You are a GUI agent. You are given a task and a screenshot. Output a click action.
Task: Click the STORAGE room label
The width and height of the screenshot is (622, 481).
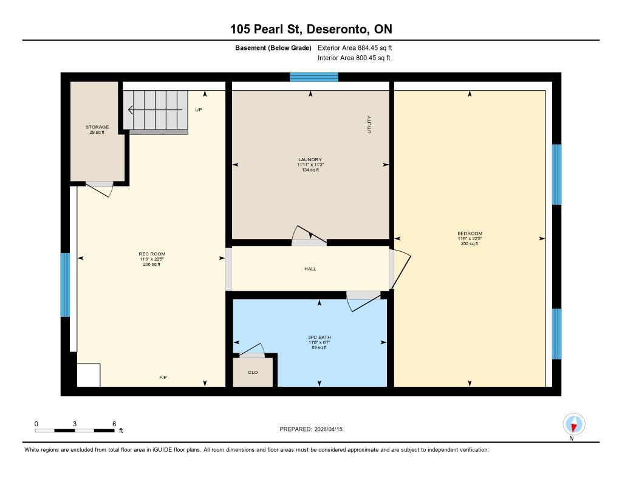coord(97,127)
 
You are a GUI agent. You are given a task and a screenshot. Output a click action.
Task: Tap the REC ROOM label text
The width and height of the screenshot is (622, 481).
coord(152,254)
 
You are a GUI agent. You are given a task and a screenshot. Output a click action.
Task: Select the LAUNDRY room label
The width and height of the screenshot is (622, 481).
coord(310,160)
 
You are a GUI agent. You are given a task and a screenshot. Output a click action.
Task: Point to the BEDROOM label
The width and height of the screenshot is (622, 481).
coord(470,234)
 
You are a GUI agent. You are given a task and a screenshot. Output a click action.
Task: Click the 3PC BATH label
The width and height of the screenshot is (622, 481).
coord(320,337)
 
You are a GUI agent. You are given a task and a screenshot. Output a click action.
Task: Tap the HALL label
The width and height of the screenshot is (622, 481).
coord(310,269)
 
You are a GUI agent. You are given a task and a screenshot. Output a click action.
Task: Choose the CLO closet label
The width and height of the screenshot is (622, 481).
coord(253,373)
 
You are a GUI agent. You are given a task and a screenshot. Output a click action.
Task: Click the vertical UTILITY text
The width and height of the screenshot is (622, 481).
coord(369,124)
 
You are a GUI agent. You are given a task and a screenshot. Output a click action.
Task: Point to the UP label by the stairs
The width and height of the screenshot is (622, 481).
coord(199,109)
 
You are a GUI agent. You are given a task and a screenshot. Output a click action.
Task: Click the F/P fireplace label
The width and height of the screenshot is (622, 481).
coord(163,378)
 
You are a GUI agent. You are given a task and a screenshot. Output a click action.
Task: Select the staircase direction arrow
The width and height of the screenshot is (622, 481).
coord(155,109)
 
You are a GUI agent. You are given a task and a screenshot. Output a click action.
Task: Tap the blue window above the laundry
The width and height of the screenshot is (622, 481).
coord(314,77)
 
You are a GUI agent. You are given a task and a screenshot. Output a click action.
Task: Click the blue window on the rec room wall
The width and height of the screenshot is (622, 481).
coord(65,285)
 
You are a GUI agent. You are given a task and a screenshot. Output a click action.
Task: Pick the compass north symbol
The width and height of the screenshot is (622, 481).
coord(573,424)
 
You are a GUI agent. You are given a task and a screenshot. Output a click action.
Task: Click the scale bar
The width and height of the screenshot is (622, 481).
coord(75,431)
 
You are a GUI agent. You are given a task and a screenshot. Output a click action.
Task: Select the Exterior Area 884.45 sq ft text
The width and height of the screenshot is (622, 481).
coord(355,47)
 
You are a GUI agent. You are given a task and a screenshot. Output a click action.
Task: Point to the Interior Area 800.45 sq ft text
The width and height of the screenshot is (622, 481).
coord(354,58)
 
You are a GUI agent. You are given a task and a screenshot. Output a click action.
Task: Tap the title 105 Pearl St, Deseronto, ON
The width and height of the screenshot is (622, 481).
coord(312,29)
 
